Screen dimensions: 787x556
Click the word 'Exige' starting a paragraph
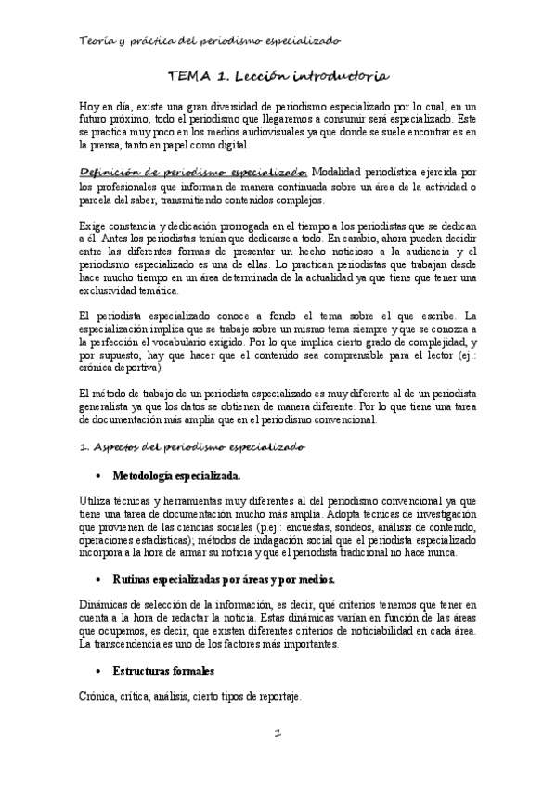coord(94,227)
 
